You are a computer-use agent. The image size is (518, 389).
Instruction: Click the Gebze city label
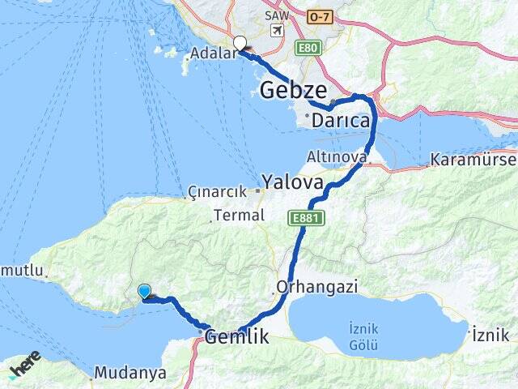coord(294,90)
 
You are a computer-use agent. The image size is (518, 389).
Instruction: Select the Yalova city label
coord(292,180)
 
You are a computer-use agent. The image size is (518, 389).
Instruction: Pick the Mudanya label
coord(130,373)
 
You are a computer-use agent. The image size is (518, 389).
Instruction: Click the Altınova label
coord(336,155)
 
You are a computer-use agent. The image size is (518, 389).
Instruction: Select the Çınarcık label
coord(216,192)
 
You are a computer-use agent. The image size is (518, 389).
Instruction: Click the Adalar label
coord(212,54)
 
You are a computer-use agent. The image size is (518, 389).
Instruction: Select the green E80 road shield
coord(308,48)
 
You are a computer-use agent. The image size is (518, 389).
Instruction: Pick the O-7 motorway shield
coord(319,16)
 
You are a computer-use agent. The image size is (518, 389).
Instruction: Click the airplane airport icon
coord(278,31)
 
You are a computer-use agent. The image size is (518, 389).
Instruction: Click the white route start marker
coord(240,44)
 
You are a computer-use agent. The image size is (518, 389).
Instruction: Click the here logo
coord(24,363)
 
